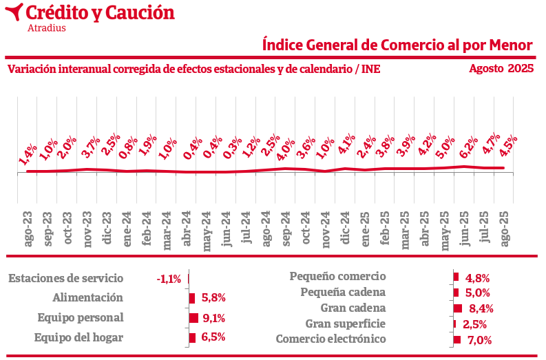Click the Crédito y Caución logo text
pyautogui.click(x=100, y=12)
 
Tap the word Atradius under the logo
pyautogui.click(x=46, y=28)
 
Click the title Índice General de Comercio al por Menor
pyautogui.click(x=398, y=45)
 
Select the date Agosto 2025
pyautogui.click(x=501, y=68)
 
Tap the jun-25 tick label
pyautogui.click(x=465, y=225)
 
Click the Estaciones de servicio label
pyautogui.click(x=65, y=278)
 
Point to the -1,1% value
pyautogui.click(x=169, y=279)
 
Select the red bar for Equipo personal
pyautogui.click(x=193, y=318)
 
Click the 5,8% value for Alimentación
pyautogui.click(x=213, y=298)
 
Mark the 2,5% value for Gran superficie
pyautogui.click(x=475, y=324)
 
